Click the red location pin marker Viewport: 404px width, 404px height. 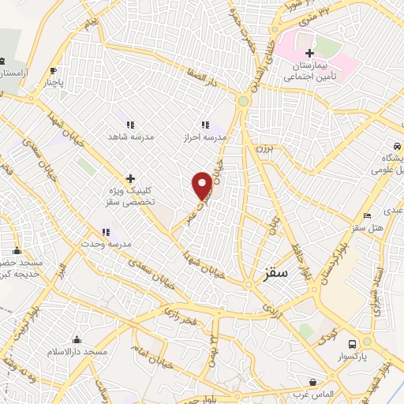point(202,185)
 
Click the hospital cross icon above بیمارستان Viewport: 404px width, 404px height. point(310,53)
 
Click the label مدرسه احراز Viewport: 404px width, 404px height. point(205,137)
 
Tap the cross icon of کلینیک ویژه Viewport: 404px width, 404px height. point(130,178)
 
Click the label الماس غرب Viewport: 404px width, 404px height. point(313,393)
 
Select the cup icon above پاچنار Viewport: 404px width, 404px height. point(53,69)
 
